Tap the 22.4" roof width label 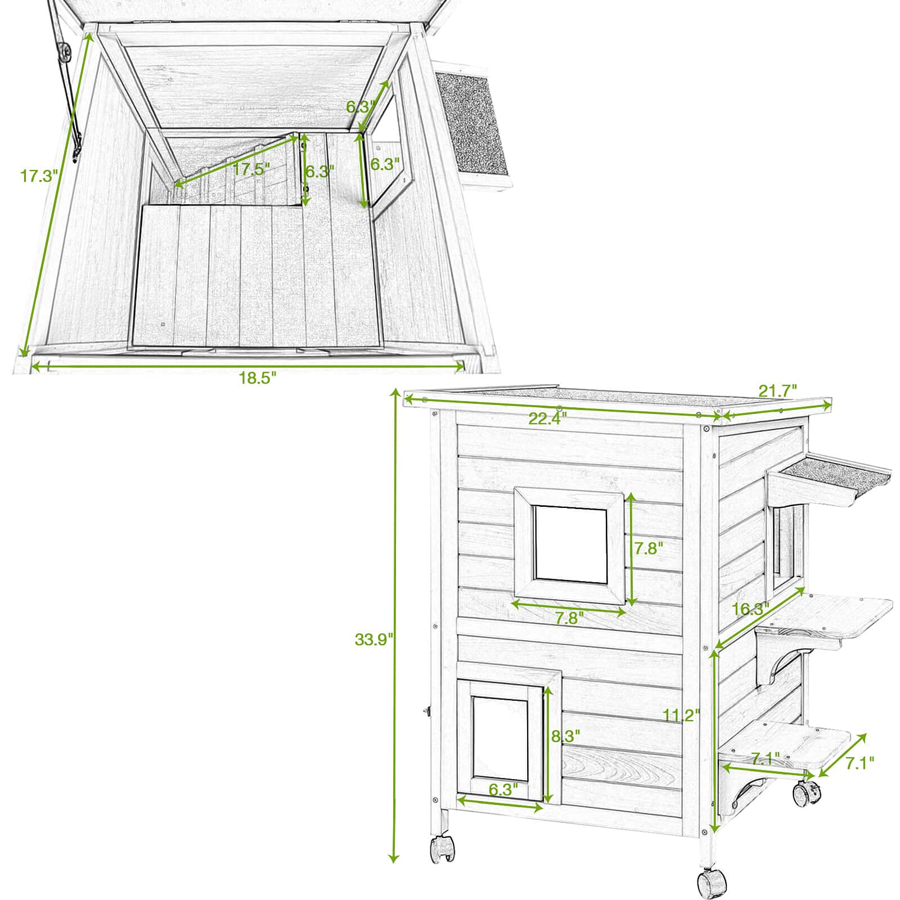coord(547,418)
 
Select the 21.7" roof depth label coord(778,390)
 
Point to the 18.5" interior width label coord(258,377)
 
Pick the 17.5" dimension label coord(251,169)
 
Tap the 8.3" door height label coord(565,736)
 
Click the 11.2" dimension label coord(681,715)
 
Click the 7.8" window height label coord(649,548)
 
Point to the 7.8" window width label coord(570,618)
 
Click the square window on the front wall coord(570,543)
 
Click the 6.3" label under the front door coord(503,790)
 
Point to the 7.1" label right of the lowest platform coord(859,763)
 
